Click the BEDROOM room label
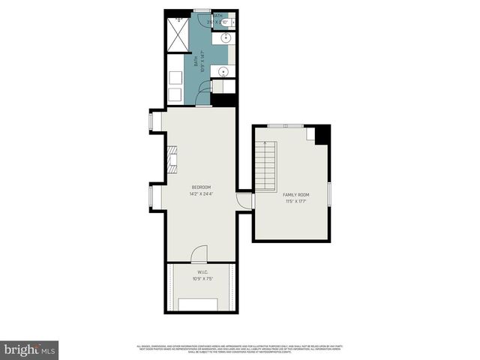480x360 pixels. [201, 187]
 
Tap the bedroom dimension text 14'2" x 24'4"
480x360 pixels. [201, 194]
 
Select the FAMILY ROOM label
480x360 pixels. [296, 194]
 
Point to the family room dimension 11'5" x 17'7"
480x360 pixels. [296, 201]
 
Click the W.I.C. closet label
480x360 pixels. [202, 271]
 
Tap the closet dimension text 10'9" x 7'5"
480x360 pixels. [202, 279]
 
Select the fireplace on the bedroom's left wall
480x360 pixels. [172, 158]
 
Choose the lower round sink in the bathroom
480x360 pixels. [222, 72]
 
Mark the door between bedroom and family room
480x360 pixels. [244, 200]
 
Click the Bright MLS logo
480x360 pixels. [29, 349]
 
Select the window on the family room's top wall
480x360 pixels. [286, 124]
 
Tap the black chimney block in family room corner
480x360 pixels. [322, 134]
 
